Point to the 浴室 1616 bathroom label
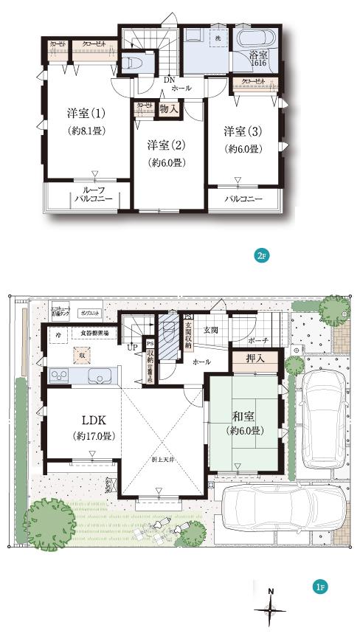(259, 60)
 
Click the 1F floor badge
(319, 587)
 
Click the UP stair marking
(133, 347)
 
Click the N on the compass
(271, 591)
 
